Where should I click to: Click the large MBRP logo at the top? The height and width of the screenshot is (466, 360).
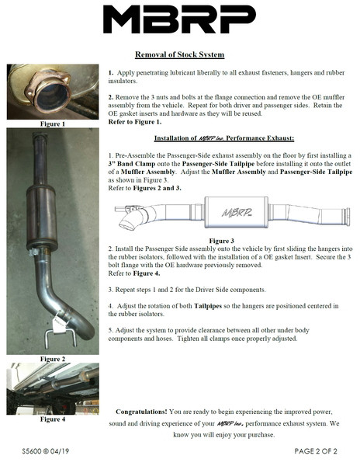tap(179, 19)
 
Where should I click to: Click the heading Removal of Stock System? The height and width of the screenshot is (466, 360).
tap(179, 54)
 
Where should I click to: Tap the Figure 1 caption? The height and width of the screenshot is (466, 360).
tap(53, 124)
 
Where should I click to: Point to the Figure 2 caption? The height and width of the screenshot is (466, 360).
tap(53, 359)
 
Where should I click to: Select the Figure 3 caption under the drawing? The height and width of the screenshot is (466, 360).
tap(221, 241)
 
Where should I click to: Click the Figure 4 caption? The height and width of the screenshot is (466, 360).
tap(53, 419)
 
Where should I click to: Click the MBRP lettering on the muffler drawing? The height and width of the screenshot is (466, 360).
tap(237, 212)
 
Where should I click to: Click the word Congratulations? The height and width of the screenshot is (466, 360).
tap(141, 412)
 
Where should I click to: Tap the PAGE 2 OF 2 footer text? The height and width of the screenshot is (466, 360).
tap(316, 451)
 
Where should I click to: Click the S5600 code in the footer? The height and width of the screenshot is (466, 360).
tap(32, 451)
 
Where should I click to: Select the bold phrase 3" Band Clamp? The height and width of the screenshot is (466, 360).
tap(132, 164)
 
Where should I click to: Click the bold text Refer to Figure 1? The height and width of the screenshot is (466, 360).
tap(135, 122)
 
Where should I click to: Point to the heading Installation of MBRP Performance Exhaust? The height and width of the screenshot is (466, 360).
tap(224, 138)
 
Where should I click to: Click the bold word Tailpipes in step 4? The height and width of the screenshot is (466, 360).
tap(208, 306)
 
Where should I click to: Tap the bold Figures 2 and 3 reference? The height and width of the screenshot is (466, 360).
tap(157, 188)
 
